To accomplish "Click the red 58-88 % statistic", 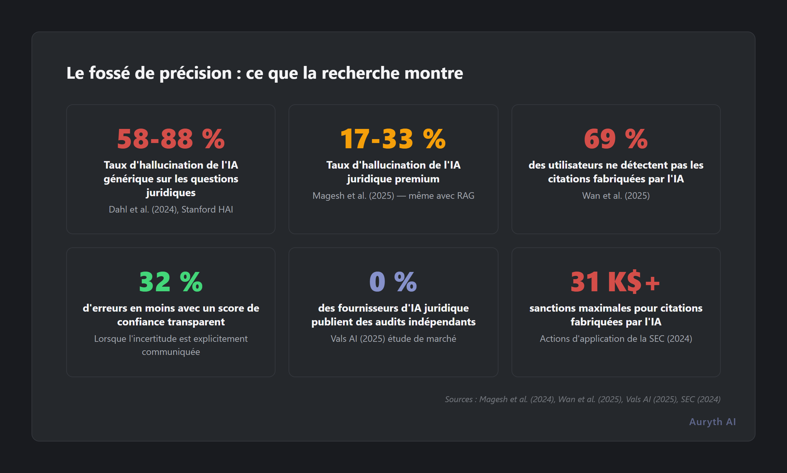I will click(171, 139).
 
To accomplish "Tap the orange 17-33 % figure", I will click(393, 139).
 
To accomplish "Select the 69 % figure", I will click(616, 139).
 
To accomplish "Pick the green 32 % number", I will click(171, 282).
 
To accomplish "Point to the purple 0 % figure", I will click(393, 282).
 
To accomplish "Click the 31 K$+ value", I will click(615, 282).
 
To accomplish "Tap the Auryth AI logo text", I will click(712, 422).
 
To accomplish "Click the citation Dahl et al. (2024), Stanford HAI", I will click(171, 209).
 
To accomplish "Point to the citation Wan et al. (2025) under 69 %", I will click(616, 195).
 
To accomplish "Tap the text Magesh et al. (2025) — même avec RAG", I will click(393, 195).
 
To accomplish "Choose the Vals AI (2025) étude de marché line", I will click(393, 339).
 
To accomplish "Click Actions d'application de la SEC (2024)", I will click(616, 339).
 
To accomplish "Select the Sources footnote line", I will click(582, 399).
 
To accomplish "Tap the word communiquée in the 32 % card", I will click(171, 352).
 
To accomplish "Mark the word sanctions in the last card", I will click(552, 308).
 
